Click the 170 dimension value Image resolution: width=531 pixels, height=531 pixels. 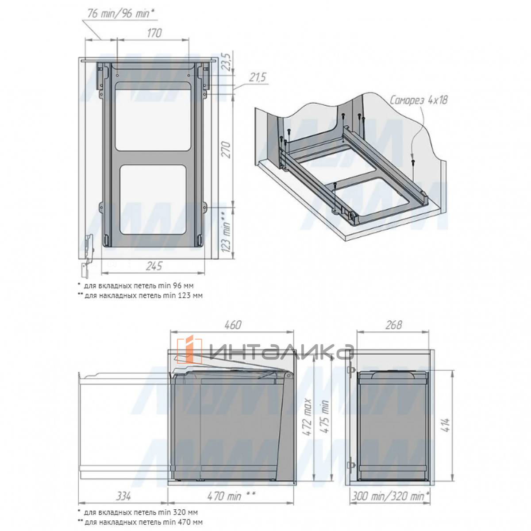pyautogui.click(x=154, y=33)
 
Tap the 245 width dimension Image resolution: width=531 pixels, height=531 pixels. pyautogui.click(x=154, y=266)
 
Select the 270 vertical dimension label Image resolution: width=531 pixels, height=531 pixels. pyautogui.click(x=226, y=150)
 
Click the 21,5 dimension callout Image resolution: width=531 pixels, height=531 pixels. pyautogui.click(x=258, y=78)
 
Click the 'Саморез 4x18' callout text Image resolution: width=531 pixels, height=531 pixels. pyautogui.click(x=419, y=100)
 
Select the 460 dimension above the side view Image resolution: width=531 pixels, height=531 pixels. pyautogui.click(x=233, y=325)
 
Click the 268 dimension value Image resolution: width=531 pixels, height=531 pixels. pyautogui.click(x=393, y=325)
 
